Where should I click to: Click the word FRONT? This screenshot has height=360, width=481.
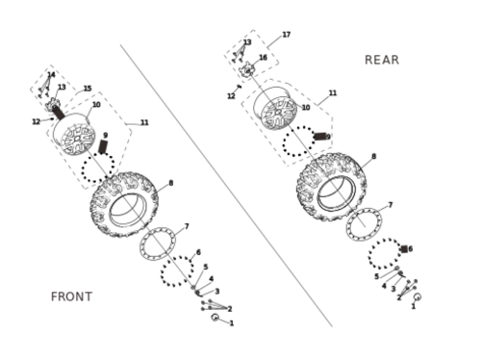71,296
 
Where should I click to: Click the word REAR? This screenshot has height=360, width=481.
382,60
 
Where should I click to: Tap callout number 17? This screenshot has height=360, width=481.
287,35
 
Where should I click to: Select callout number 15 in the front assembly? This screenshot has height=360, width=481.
88,89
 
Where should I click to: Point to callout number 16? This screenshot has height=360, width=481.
263,58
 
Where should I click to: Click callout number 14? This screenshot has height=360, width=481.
51,75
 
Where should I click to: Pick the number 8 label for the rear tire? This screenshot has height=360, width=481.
373,156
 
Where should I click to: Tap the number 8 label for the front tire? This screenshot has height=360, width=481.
171,183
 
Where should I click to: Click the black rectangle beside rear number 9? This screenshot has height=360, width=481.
319,137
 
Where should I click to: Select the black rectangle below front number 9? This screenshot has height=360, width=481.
103,146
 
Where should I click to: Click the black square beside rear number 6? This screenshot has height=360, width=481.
404,249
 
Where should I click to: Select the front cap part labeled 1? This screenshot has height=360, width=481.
215,318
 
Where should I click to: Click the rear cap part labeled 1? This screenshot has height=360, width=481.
418,296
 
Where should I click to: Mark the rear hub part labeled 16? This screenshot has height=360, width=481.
248,69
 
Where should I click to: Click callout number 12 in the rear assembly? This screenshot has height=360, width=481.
231,96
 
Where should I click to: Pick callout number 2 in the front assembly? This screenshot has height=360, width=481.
230,309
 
